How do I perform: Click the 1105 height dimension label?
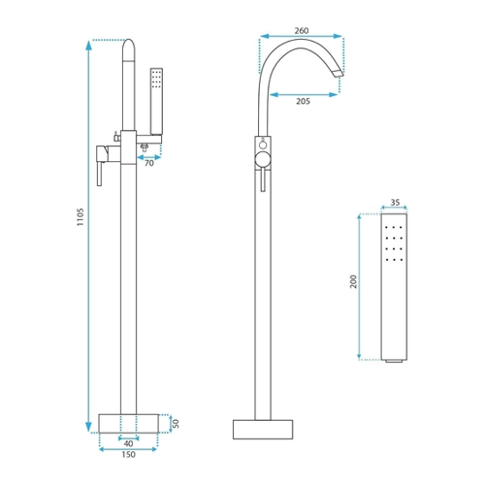click(81, 217)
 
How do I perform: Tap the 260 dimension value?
click(302, 31)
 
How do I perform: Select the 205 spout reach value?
click(303, 101)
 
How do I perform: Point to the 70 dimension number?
click(149, 163)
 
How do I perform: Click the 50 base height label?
click(176, 423)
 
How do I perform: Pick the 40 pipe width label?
click(128, 443)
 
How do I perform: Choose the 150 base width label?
click(128, 455)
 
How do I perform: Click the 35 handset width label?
click(395, 203)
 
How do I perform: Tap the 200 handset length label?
click(353, 281)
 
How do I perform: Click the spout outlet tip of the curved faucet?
click(339, 74)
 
